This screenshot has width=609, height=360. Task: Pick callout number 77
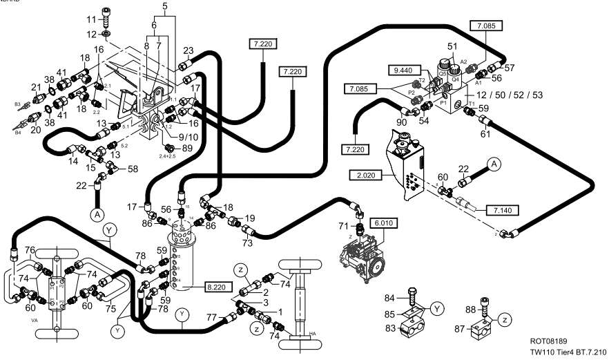coord(212,319)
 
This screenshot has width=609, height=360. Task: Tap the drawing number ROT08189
coord(549,341)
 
